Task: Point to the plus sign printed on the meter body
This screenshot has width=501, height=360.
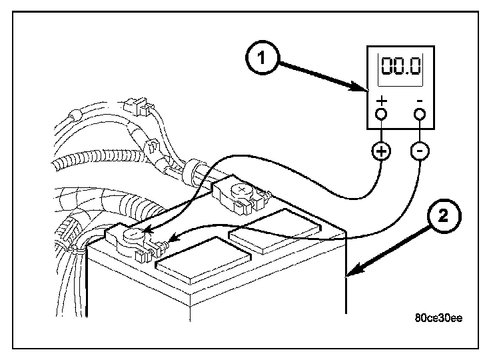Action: pyautogui.click(x=382, y=101)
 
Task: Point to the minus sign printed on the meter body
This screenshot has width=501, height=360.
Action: pyautogui.click(x=420, y=101)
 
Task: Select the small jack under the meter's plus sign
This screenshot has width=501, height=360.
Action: pyautogui.click(x=382, y=114)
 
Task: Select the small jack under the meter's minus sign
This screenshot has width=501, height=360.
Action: pyautogui.click(x=420, y=114)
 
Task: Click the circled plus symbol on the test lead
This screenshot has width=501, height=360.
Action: pyautogui.click(x=382, y=151)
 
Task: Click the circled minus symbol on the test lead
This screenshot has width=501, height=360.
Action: pyautogui.click(x=420, y=151)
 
